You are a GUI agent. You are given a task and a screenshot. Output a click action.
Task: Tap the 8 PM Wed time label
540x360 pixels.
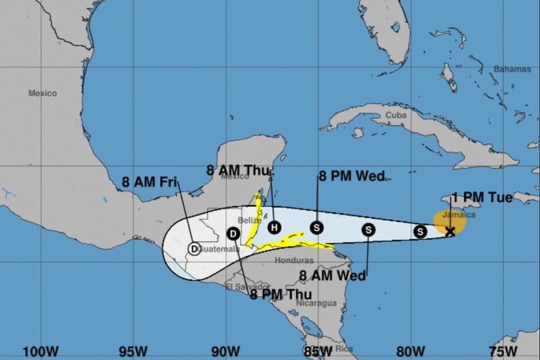coord(352,176)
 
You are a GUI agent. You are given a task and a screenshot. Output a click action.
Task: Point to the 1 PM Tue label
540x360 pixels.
coord(482,198)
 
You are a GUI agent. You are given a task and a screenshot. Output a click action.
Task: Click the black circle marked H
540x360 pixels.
coord(273,227)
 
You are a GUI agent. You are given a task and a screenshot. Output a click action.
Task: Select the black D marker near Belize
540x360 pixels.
coord(233,233)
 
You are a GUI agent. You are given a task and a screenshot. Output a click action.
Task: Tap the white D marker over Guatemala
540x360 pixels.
coord(194,249)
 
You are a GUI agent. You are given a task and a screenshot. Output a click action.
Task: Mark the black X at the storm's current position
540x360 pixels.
coord(450,231)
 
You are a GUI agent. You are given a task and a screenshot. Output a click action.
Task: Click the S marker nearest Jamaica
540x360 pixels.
coord(421,231)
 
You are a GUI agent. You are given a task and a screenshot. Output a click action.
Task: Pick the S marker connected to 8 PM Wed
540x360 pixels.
coord(317,228)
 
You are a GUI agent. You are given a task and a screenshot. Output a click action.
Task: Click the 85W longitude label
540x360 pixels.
coord(318,350)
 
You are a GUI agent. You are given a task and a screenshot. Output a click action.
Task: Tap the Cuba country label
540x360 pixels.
coord(396,115)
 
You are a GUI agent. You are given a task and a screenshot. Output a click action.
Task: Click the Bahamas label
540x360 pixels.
coord(512,69)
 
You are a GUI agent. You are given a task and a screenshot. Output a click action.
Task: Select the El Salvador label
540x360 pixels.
coord(248,287)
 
